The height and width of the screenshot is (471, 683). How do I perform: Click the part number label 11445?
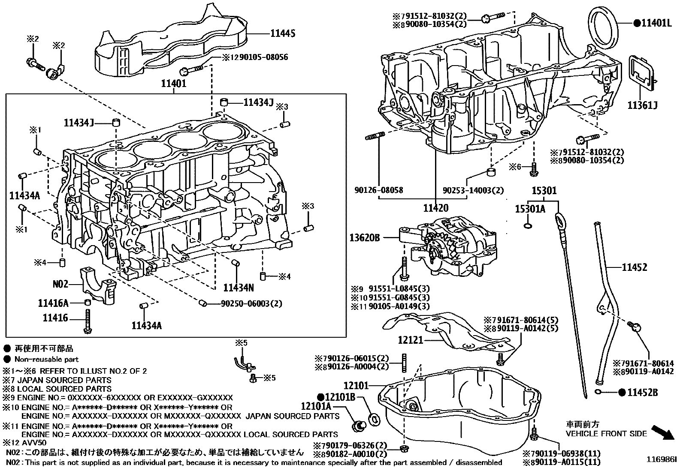tap(283, 33)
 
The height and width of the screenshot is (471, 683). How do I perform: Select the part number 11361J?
tap(643, 105)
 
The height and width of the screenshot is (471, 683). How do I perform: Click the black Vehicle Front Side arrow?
tap(663, 433)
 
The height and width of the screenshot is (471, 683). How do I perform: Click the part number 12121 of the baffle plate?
tap(411, 340)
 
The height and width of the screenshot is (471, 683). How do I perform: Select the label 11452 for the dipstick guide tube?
tap(635, 267)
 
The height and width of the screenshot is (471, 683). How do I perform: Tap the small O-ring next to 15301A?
tap(529, 225)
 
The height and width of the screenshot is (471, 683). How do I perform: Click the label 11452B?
tap(642, 392)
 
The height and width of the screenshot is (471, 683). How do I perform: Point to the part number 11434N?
tap(239, 287)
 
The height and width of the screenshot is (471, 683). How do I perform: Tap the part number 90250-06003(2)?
tap(251, 303)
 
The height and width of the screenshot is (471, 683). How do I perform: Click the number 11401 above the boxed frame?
tap(174, 84)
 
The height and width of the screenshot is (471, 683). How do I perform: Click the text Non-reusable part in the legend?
tap(46, 360)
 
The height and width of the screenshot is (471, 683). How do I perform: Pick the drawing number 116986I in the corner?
tap(662, 459)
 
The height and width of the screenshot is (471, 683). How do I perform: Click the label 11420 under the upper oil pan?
tap(435, 208)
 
